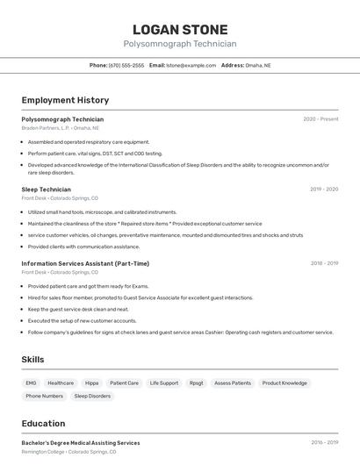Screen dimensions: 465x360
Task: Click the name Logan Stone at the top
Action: click(x=180, y=29)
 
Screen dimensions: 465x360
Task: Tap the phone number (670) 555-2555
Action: click(x=126, y=65)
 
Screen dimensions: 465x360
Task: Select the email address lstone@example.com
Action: click(x=191, y=65)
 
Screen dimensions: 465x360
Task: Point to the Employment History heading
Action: click(x=65, y=100)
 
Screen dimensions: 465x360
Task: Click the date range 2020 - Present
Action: click(x=320, y=119)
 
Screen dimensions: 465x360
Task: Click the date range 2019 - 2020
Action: click(x=324, y=190)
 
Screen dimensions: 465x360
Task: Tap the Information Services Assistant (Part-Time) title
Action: click(x=85, y=263)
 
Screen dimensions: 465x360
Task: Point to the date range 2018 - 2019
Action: click(x=324, y=263)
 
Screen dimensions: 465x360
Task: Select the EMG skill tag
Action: click(x=31, y=383)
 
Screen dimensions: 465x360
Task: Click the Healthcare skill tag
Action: click(x=61, y=383)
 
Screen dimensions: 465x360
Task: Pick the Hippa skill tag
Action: click(x=92, y=383)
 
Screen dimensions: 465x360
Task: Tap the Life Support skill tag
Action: click(x=164, y=383)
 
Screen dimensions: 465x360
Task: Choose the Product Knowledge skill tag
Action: click(x=284, y=383)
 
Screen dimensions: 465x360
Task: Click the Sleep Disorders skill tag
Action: click(x=92, y=396)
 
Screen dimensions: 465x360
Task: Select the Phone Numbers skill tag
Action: click(x=45, y=396)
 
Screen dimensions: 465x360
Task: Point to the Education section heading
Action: click(x=43, y=424)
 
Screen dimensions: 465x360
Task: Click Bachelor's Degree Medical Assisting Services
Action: click(x=81, y=443)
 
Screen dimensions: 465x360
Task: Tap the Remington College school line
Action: click(x=68, y=453)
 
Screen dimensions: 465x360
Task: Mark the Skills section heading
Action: click(x=32, y=360)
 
